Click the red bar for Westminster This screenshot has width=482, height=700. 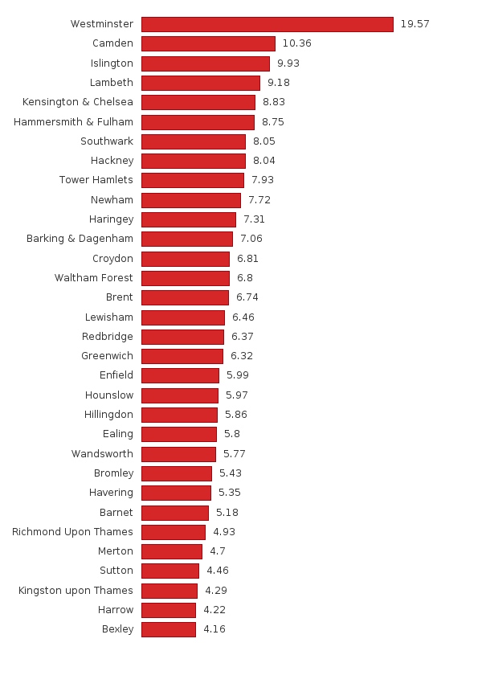[x=267, y=24]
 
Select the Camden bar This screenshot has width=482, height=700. [x=208, y=43]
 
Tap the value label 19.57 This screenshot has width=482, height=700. [x=415, y=24]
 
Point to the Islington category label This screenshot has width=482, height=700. [x=112, y=63]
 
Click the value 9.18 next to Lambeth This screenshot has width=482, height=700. [x=278, y=83]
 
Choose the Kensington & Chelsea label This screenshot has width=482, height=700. [x=78, y=102]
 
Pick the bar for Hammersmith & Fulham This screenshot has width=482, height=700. [x=198, y=122]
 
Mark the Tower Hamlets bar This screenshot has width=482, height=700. [x=193, y=180]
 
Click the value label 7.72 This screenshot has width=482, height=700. [x=259, y=200]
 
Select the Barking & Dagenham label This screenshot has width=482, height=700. [x=80, y=239]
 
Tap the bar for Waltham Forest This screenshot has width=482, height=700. [x=186, y=278]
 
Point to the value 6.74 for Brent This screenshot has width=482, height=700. [x=247, y=297]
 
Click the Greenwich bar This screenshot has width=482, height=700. [x=182, y=356]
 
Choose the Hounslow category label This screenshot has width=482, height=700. [x=109, y=395]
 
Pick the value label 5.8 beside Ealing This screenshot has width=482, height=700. [x=231, y=434]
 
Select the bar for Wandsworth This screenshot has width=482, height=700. [x=178, y=454]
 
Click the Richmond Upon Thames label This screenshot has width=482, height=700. [x=72, y=532]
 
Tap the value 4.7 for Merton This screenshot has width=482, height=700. [x=217, y=551]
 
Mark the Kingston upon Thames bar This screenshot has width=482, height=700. [x=170, y=591]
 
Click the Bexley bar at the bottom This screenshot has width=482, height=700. [x=169, y=629]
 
